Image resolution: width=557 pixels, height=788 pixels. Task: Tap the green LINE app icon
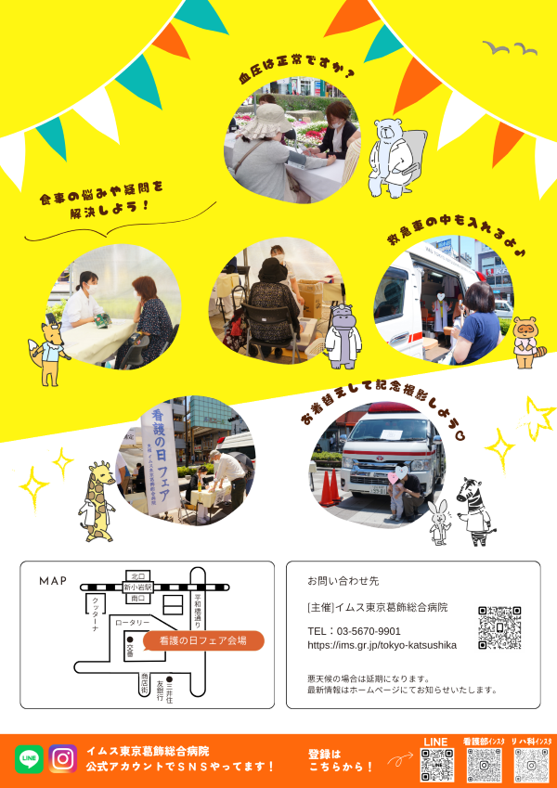click(x=29, y=758)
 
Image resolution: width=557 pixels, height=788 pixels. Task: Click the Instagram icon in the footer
click(x=63, y=758)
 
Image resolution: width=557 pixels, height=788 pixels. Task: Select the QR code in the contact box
click(x=499, y=627)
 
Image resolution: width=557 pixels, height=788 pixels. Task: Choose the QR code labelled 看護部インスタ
click(x=484, y=765)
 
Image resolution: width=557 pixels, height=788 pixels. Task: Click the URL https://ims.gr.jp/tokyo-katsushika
click(x=382, y=645)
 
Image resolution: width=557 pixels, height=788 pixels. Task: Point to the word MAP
click(x=53, y=581)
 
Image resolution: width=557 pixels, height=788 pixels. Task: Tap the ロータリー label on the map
click(x=133, y=623)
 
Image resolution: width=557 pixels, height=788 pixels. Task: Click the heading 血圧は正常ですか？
click(x=296, y=73)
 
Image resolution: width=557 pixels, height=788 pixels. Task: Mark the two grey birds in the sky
click(x=510, y=47)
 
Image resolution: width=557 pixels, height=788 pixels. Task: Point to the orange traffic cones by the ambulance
click(x=329, y=487)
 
